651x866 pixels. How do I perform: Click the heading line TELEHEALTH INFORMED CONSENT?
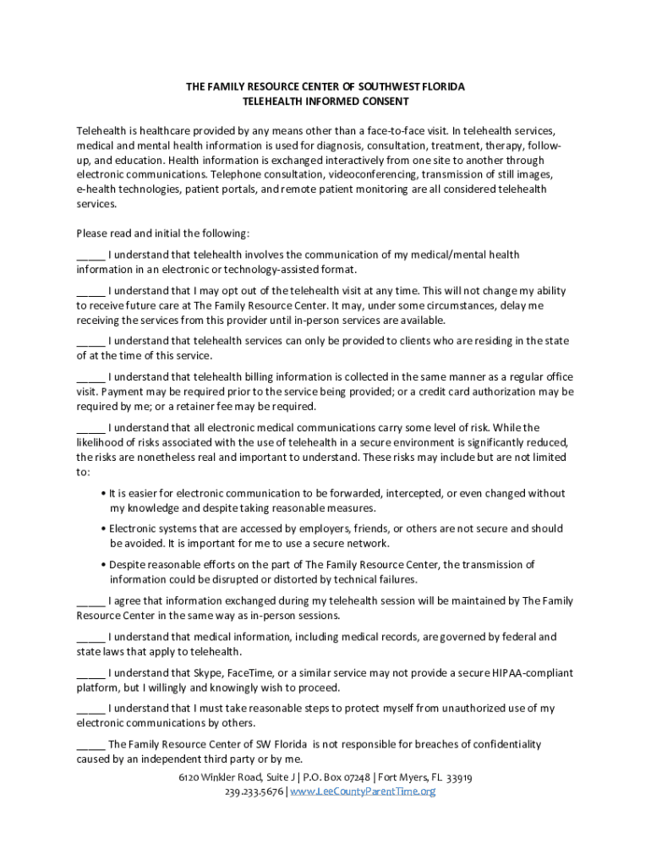(325, 101)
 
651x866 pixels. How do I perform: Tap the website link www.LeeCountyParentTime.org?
(363, 792)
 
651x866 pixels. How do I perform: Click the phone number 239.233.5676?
(254, 792)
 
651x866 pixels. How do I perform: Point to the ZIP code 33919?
(458, 777)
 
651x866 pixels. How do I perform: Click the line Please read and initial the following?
(162, 233)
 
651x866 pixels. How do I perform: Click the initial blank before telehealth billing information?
(90, 377)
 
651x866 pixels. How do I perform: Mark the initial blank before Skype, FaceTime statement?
(90, 674)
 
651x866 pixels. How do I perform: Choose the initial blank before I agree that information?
(90, 601)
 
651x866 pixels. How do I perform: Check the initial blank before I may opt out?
(90, 291)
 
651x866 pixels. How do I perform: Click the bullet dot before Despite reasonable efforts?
(102, 565)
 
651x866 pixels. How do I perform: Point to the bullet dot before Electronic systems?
(102, 529)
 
